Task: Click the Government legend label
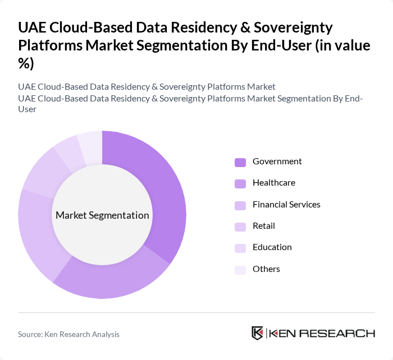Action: (x=277, y=161)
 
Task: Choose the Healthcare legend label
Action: (x=273, y=183)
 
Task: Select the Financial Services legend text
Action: (x=286, y=204)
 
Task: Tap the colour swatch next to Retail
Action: (x=240, y=227)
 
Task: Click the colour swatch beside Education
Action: (x=240, y=248)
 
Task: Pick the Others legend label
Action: (x=266, y=269)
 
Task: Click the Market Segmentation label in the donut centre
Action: (x=102, y=215)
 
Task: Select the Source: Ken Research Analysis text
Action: (x=68, y=334)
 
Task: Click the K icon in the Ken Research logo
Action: (x=257, y=333)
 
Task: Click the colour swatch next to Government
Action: (x=240, y=162)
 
